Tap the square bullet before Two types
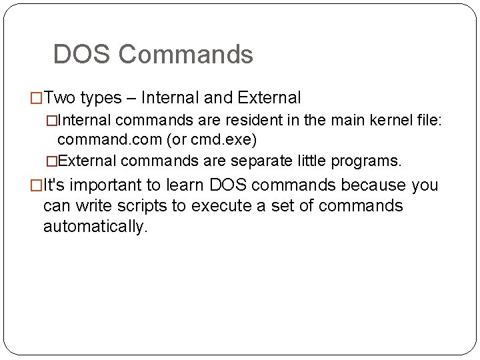click(37, 99)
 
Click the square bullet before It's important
click(37, 185)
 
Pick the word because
click(373, 185)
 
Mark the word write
click(90, 205)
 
